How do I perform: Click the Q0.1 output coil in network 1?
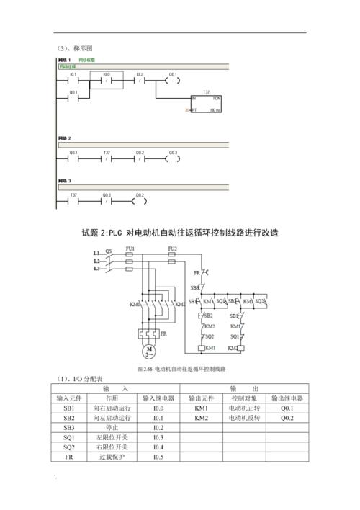click(173, 80)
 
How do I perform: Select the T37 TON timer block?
click(206, 104)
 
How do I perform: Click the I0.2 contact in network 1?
click(140, 80)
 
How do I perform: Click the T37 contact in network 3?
click(73, 200)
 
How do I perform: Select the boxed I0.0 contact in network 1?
click(107, 80)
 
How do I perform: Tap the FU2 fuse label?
click(172, 249)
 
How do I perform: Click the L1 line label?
click(96, 254)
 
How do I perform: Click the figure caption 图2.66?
click(181, 370)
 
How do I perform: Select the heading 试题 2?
click(179, 233)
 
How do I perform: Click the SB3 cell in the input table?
click(68, 427)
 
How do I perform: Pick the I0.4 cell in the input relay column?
click(158, 447)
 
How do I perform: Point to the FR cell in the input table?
click(68, 457)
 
